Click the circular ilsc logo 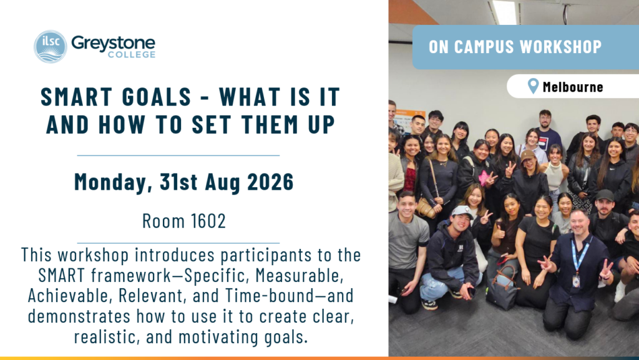tap(50, 46)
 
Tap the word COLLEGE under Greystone tap(132, 54)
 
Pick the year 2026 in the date tap(270, 182)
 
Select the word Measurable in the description tap(300, 276)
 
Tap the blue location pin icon tap(533, 86)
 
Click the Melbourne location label tap(573, 87)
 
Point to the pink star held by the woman tap(485, 178)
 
